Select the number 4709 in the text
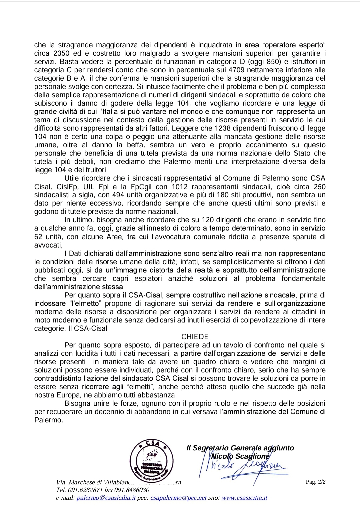pos(238,70)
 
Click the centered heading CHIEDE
pos(195,337)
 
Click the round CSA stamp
pos(152,460)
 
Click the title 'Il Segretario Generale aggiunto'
pos(240,448)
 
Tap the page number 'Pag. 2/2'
pos(315,482)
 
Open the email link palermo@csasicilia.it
pos(106,498)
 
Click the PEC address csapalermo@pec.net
pos(178,498)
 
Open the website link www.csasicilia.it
pos(244,498)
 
